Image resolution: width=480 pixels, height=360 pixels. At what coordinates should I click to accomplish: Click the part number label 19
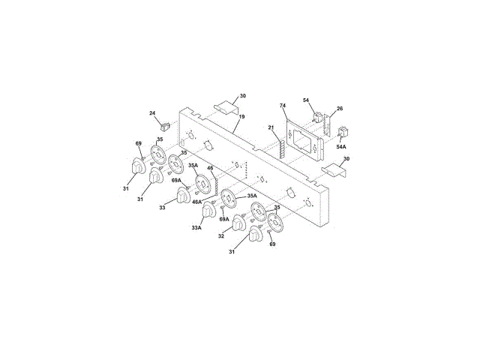click(242, 117)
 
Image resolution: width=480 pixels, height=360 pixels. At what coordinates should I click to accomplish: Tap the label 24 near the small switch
click(152, 113)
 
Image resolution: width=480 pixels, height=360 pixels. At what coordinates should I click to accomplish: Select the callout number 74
click(283, 105)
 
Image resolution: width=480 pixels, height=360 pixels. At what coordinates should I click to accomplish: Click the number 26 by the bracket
click(340, 109)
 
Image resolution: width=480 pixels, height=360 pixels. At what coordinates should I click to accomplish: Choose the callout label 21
click(271, 128)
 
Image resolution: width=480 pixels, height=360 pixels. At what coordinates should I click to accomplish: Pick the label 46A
click(196, 202)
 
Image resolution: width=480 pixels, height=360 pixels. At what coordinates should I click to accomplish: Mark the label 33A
click(196, 228)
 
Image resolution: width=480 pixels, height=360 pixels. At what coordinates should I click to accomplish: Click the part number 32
click(221, 235)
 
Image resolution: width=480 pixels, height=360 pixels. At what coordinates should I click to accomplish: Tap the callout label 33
click(162, 208)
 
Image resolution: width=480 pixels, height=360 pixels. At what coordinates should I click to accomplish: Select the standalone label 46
click(211, 169)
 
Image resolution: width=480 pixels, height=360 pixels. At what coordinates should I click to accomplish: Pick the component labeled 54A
click(344, 135)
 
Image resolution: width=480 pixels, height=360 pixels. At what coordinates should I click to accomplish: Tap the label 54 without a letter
click(306, 100)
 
